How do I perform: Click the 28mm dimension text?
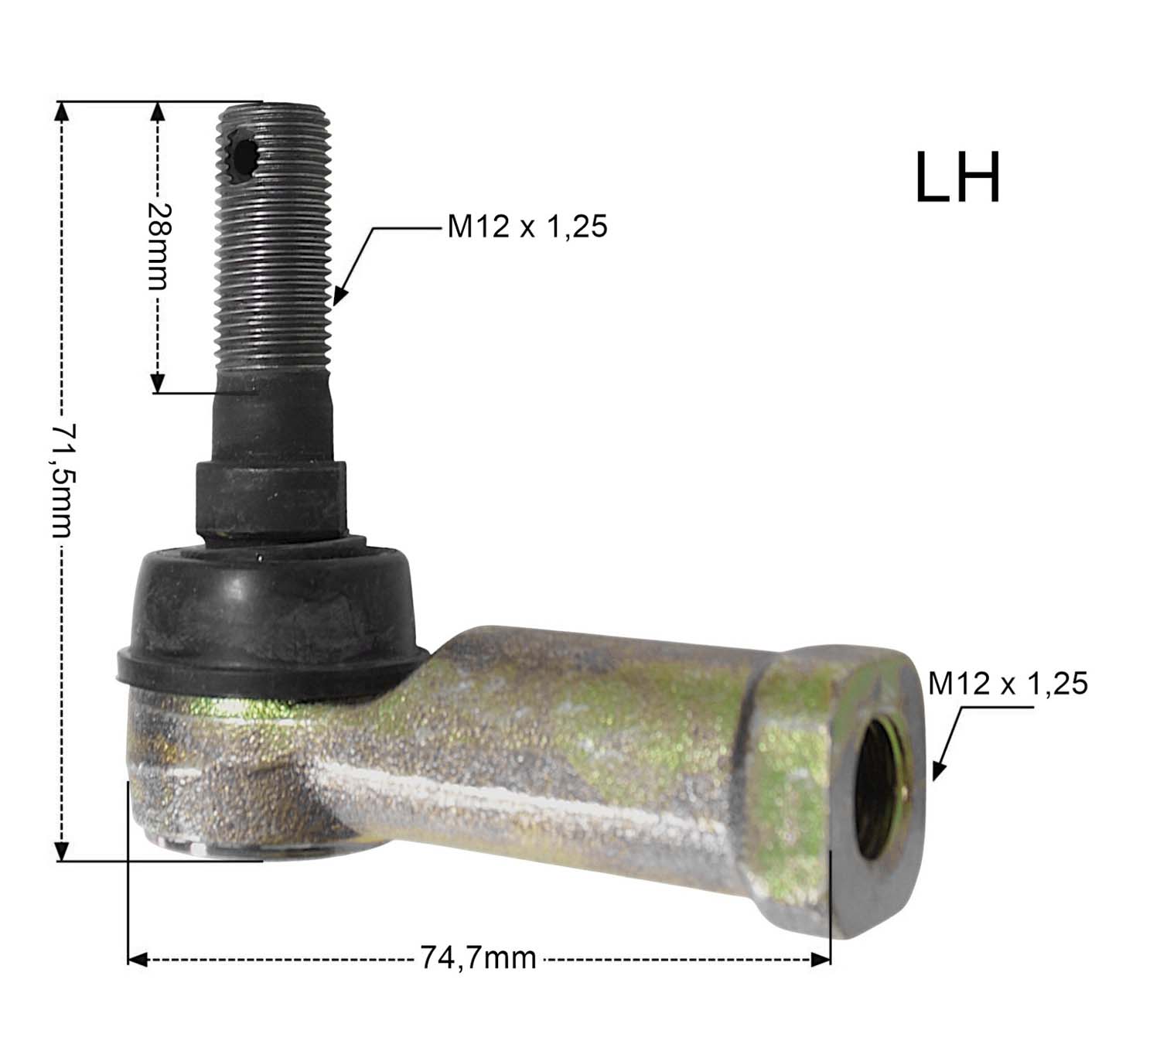[x=158, y=246]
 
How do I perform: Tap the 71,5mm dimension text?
[x=63, y=480]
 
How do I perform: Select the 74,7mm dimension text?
[x=478, y=957]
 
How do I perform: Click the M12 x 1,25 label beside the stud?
[x=527, y=226]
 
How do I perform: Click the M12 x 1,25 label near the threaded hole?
[x=1008, y=683]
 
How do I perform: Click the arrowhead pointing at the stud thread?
[x=340, y=294]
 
